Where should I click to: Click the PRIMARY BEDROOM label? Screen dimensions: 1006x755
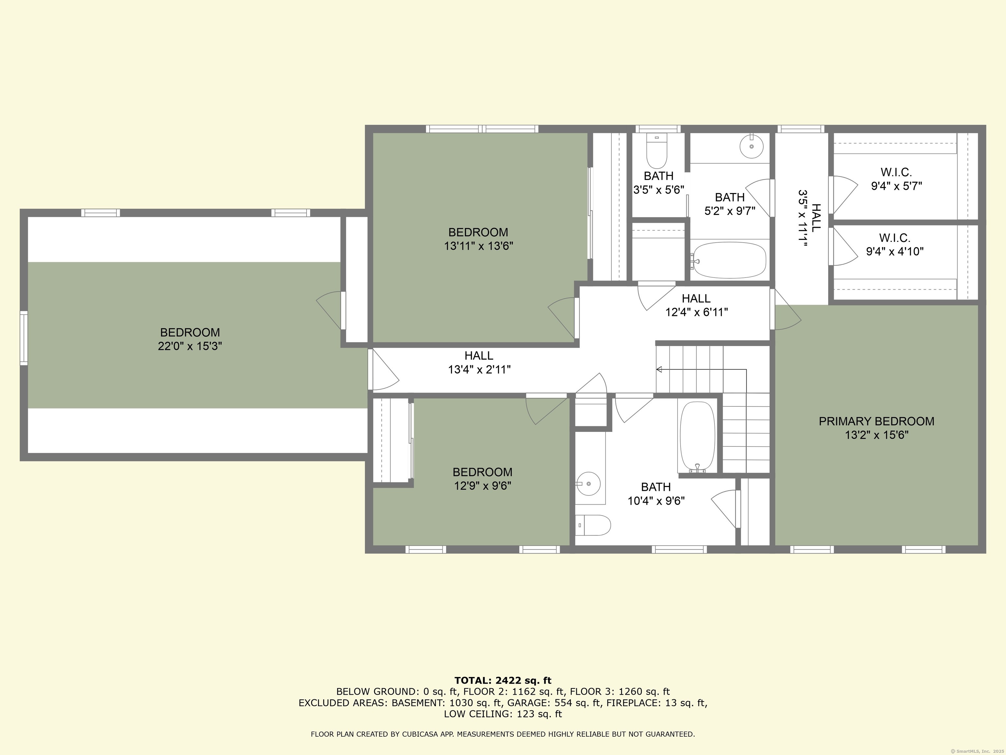point(876,428)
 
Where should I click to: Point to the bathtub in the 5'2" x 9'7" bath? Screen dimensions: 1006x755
point(729,260)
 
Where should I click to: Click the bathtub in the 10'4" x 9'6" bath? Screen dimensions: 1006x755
point(697,436)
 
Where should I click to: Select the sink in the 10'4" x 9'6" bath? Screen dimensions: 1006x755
point(588,484)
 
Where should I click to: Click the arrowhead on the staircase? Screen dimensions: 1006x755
point(659,370)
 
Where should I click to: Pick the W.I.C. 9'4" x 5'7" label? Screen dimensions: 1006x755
point(896,179)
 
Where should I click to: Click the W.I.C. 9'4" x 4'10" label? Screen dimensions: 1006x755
point(895,245)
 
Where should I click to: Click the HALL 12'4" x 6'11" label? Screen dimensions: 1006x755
point(696,305)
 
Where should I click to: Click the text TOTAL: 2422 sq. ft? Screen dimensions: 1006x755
point(503,680)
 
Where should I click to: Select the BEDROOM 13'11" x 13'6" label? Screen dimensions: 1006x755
point(478,239)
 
